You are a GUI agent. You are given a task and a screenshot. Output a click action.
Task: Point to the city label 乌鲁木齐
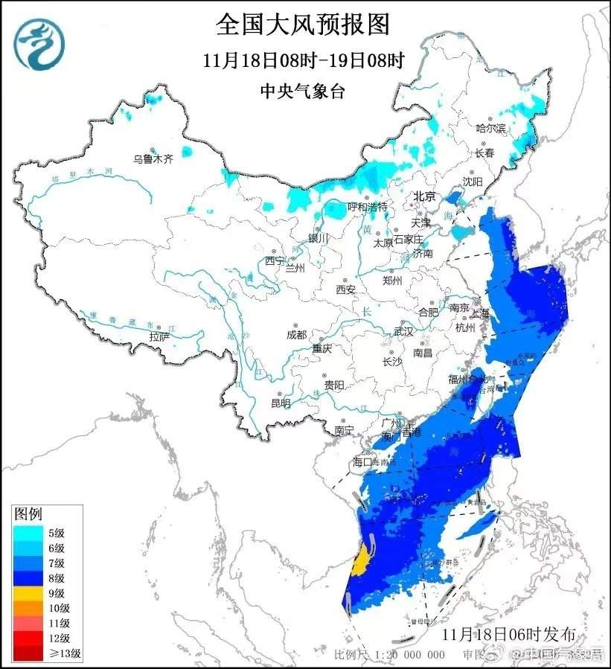pyautogui.click(x=153, y=159)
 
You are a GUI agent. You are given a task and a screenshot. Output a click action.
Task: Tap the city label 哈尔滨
pyautogui.click(x=490, y=129)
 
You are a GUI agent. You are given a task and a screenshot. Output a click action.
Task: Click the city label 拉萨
pyautogui.click(x=159, y=337)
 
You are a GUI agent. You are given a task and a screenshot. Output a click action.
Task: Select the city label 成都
pyautogui.click(x=296, y=335)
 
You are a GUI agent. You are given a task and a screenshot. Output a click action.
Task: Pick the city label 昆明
pyautogui.click(x=281, y=403)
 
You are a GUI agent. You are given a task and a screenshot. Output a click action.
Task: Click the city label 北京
pyautogui.click(x=424, y=196)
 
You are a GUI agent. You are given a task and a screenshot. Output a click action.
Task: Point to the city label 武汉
pyautogui.click(x=403, y=332)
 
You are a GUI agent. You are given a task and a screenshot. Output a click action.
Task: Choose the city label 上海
pyautogui.click(x=481, y=313)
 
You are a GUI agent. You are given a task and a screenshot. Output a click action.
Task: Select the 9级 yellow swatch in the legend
pyautogui.click(x=28, y=593)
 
